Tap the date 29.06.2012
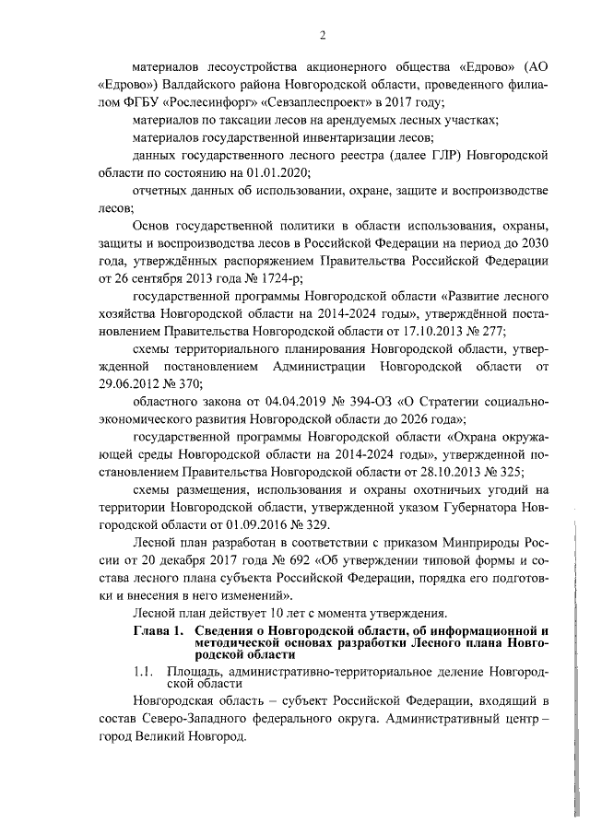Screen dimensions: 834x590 click(x=124, y=384)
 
